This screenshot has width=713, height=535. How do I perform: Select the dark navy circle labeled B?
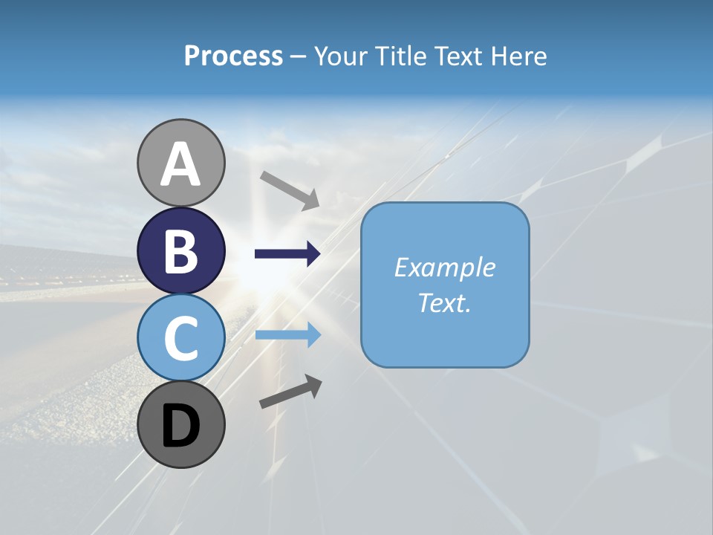coord(180,250)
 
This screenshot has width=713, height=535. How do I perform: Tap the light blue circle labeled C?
coord(180,337)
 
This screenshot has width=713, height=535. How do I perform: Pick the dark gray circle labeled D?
coord(180,424)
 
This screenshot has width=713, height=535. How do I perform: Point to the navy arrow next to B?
coord(287,254)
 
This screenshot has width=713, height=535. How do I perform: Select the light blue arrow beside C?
coord(287,335)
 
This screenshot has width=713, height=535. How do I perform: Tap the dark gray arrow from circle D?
coord(290,392)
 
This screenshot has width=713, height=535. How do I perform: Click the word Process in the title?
coord(233,56)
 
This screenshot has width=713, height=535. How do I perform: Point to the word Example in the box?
coord(444,267)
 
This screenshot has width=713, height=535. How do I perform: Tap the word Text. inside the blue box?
coord(444,302)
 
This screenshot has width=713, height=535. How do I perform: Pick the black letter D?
coord(180,426)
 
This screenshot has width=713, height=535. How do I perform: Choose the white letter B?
coord(180,251)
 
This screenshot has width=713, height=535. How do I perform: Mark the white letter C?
coord(180,338)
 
